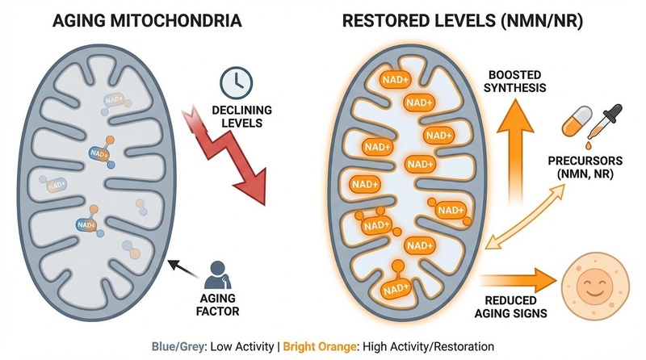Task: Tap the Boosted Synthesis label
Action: [x=511, y=82]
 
